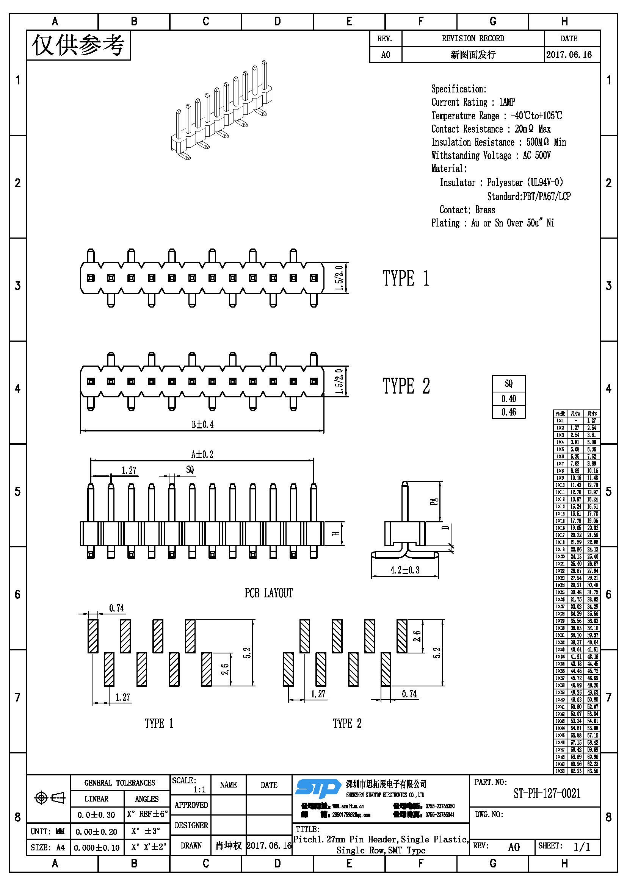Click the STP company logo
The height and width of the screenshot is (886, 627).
[318, 788]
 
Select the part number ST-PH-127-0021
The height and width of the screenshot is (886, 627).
[547, 794]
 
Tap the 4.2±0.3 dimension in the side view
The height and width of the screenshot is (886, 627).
[404, 570]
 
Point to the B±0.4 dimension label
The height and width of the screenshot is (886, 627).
[202, 425]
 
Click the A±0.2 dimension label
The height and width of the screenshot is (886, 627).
[202, 454]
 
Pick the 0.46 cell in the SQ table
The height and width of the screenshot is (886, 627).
[508, 412]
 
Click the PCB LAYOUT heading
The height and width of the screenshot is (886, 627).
[269, 593]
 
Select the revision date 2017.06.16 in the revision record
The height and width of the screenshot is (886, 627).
[569, 55]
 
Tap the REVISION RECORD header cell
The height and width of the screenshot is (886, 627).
[473, 38]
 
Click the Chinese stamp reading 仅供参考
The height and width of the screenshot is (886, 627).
[78, 45]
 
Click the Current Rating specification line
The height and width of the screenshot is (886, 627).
[473, 102]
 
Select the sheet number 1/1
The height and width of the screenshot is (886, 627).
[582, 847]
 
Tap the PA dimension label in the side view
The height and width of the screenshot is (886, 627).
[434, 501]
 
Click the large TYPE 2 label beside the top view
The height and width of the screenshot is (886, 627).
[406, 386]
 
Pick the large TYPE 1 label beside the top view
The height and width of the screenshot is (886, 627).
[406, 278]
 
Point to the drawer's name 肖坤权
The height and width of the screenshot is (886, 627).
[229, 845]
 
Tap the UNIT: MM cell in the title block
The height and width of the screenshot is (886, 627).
[48, 831]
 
